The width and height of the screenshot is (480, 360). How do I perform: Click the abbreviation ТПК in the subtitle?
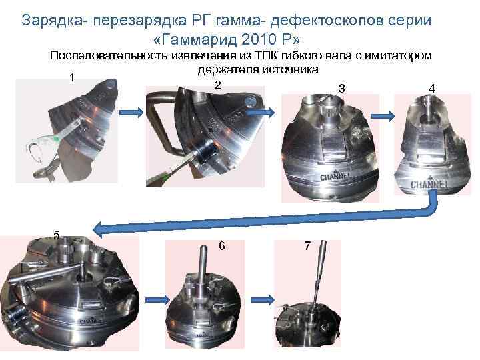(266, 55)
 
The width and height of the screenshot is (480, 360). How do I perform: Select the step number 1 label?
(72, 77)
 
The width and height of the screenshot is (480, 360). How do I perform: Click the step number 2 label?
(217, 85)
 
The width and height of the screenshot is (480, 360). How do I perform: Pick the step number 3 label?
(342, 89)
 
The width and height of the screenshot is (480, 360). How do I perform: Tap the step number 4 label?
(431, 89)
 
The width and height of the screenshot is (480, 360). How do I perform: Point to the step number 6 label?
(221, 246)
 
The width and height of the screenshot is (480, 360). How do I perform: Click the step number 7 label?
(307, 245)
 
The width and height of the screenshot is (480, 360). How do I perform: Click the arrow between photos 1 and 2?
(131, 113)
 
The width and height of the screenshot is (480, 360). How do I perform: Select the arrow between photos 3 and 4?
(383, 116)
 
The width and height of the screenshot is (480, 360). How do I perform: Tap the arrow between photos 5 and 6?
(157, 300)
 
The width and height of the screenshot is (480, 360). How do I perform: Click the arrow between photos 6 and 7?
(263, 300)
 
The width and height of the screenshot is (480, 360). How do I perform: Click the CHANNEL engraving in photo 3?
(335, 177)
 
